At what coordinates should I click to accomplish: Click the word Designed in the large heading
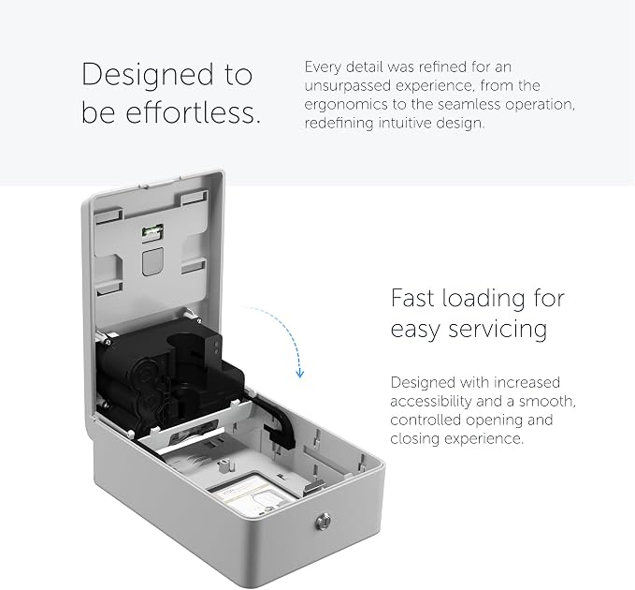click(x=148, y=75)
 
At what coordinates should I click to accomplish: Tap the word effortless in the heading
click(x=193, y=112)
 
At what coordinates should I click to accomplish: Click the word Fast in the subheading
click(x=412, y=298)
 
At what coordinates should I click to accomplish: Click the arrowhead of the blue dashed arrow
click(x=299, y=373)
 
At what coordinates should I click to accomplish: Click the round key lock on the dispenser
click(x=323, y=521)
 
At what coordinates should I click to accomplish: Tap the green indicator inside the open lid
click(x=152, y=232)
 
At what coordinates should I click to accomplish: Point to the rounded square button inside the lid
click(x=152, y=261)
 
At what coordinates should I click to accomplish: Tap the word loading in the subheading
click(x=484, y=300)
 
